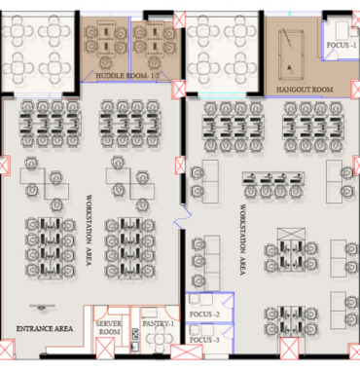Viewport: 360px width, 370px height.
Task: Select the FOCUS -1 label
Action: pyautogui.click(x=341, y=45)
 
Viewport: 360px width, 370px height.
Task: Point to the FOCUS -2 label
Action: pyautogui.click(x=204, y=314)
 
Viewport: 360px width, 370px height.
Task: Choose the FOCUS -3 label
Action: pyautogui.click(x=204, y=341)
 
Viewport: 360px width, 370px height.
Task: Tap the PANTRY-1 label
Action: pyautogui.click(x=157, y=323)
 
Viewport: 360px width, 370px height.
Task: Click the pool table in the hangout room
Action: pyautogui.click(x=290, y=51)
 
